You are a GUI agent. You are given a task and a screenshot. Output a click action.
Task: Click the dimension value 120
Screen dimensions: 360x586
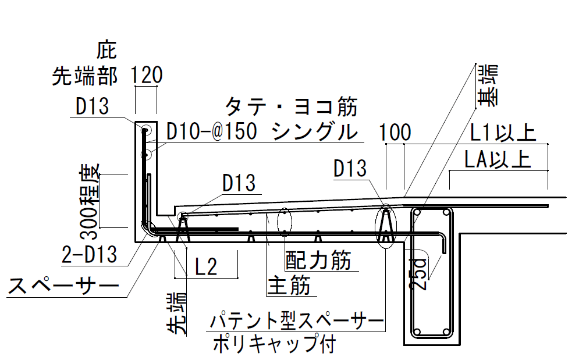(145, 75)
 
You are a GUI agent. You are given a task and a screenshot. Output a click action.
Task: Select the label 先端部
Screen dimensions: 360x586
(85, 76)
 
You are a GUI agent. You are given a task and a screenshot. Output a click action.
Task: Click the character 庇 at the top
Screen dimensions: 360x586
(107, 51)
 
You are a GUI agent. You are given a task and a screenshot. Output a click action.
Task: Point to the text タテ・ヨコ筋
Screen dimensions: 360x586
(290, 107)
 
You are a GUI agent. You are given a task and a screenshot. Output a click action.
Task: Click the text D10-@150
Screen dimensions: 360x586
(212, 132)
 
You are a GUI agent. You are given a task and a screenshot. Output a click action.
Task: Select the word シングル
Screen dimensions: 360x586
(314, 132)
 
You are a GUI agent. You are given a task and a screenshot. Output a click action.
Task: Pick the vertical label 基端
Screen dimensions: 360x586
(488, 85)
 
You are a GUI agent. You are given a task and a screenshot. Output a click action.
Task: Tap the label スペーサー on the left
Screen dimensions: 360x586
(62, 286)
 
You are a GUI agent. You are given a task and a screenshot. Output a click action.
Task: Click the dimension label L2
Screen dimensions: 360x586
(205, 267)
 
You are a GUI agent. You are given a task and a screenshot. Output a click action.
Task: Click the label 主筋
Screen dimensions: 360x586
(289, 286)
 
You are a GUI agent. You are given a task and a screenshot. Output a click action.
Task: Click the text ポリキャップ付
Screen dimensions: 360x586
(273, 343)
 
